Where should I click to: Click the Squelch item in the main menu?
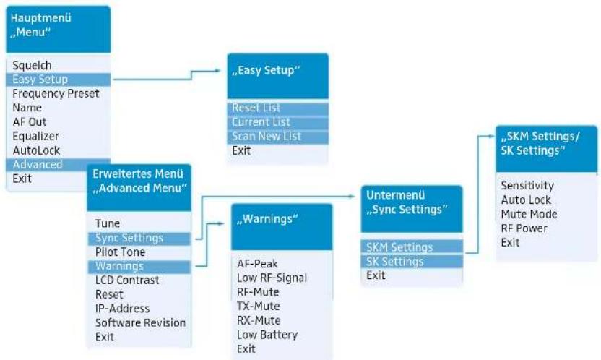click(32, 66)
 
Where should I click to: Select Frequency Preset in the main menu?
click(56, 93)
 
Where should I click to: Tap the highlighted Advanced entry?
click(37, 165)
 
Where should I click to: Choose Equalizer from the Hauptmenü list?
click(35, 136)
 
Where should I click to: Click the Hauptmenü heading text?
click(40, 18)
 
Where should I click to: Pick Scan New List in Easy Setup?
click(267, 136)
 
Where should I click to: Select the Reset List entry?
click(256, 108)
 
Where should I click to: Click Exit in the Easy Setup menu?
click(241, 150)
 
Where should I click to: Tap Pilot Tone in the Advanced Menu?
click(120, 252)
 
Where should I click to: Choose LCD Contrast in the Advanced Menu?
click(127, 280)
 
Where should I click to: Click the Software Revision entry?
click(140, 323)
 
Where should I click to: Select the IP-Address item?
click(122, 309)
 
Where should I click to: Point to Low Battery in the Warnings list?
click(267, 335)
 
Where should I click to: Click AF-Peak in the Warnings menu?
click(257, 264)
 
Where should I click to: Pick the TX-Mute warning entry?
click(258, 307)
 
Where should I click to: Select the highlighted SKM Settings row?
click(399, 247)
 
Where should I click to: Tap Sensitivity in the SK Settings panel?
click(527, 186)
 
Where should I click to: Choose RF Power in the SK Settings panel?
click(524, 228)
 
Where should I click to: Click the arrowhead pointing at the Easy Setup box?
click(217, 71)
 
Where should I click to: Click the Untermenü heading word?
click(395, 195)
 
